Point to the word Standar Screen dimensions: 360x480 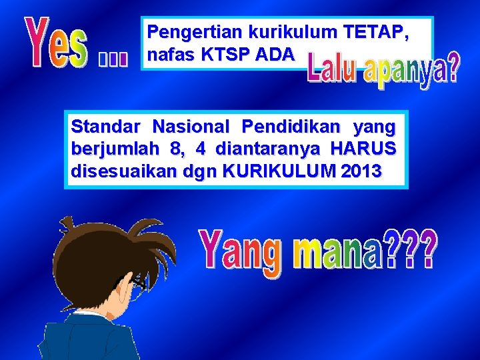pyautogui.click(x=106, y=126)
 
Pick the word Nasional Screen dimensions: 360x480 pyautogui.click(x=191, y=126)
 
